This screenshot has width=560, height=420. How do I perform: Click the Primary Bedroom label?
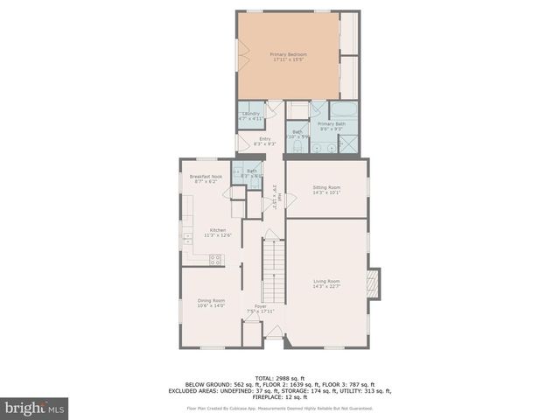point(290,57)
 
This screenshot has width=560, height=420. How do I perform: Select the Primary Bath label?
point(331,127)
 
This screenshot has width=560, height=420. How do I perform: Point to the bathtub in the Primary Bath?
point(345,111)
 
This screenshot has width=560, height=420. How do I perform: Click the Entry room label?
point(264,141)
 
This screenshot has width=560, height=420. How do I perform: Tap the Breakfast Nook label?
point(205,178)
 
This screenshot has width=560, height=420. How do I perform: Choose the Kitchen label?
point(205,233)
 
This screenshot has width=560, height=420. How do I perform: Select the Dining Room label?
point(211,303)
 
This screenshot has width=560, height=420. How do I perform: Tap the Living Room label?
point(326,283)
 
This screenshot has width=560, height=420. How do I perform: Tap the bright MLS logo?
point(35,409)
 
